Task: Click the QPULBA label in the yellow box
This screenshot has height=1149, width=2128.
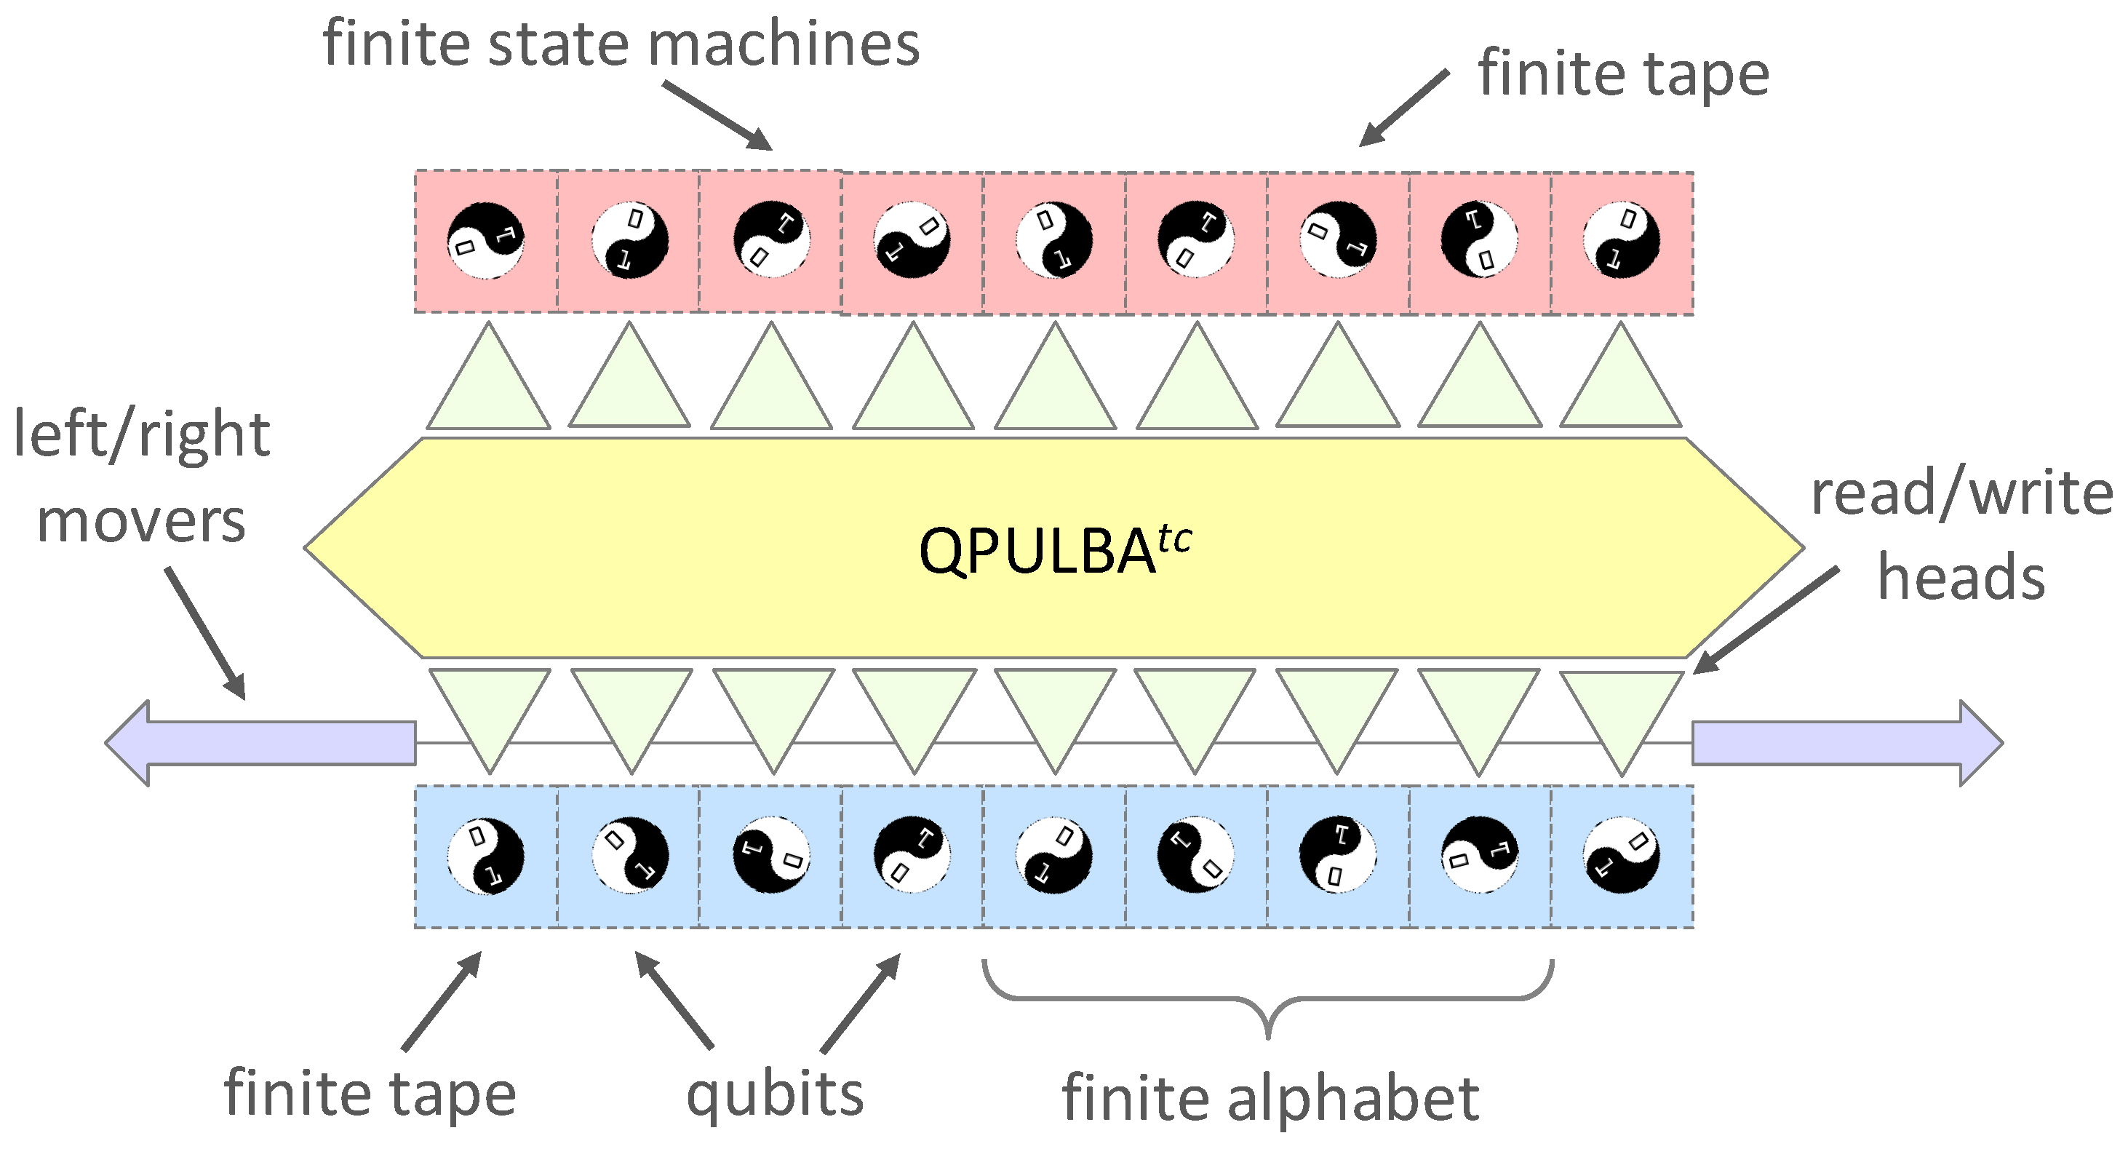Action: pyautogui.click(x=1036, y=552)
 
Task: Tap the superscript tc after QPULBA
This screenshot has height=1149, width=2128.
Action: pyautogui.click(x=1175, y=538)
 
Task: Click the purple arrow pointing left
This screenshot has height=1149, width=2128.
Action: pyautogui.click(x=260, y=743)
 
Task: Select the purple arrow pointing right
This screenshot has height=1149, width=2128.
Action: pyautogui.click(x=1847, y=743)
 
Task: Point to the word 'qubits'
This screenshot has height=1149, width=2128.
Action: pyautogui.click(x=775, y=1094)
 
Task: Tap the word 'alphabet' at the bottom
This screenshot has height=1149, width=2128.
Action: pyautogui.click(x=1354, y=1099)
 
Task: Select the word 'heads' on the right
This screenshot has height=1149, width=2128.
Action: pyautogui.click(x=1960, y=577)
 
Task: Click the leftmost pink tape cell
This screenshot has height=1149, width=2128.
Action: pyautogui.click(x=486, y=241)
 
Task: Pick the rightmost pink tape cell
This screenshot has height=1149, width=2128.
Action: pyautogui.click(x=1622, y=243)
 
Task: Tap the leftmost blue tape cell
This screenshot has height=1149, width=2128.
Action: pyautogui.click(x=486, y=856)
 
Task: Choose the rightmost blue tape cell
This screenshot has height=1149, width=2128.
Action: pyautogui.click(x=1622, y=856)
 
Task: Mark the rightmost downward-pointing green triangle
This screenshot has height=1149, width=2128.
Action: pyautogui.click(x=1622, y=716)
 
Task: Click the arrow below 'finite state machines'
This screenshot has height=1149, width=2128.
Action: pyautogui.click(x=717, y=116)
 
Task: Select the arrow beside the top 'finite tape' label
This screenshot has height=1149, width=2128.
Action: pyautogui.click(x=1403, y=108)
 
